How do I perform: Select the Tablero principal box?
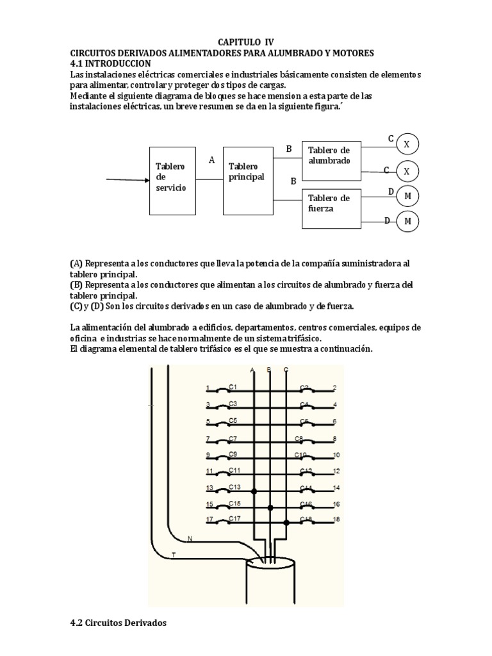(247, 176)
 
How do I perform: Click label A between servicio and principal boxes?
(211, 160)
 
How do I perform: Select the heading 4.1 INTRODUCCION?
(110, 63)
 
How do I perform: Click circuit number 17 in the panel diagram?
(208, 519)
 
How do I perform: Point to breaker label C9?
(233, 454)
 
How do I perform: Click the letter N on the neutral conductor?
(189, 538)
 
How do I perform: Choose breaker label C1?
(233, 387)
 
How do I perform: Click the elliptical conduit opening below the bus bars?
(271, 564)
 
